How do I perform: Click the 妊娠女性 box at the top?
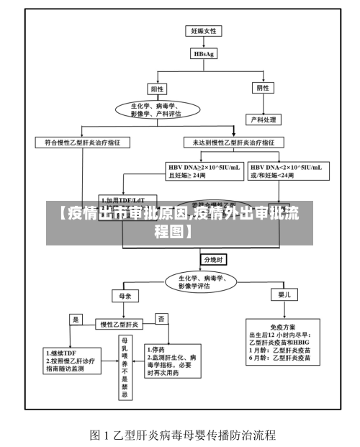(204, 31)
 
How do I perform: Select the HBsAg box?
(204, 53)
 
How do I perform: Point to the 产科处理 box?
(264, 119)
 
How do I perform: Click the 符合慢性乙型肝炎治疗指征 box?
(83, 143)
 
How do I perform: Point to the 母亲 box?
(125, 296)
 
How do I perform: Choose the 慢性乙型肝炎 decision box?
(120, 323)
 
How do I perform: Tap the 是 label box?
(75, 317)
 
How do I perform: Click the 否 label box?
(162, 317)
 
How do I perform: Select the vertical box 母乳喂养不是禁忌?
(125, 367)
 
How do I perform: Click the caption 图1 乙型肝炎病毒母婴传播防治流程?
(183, 435)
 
